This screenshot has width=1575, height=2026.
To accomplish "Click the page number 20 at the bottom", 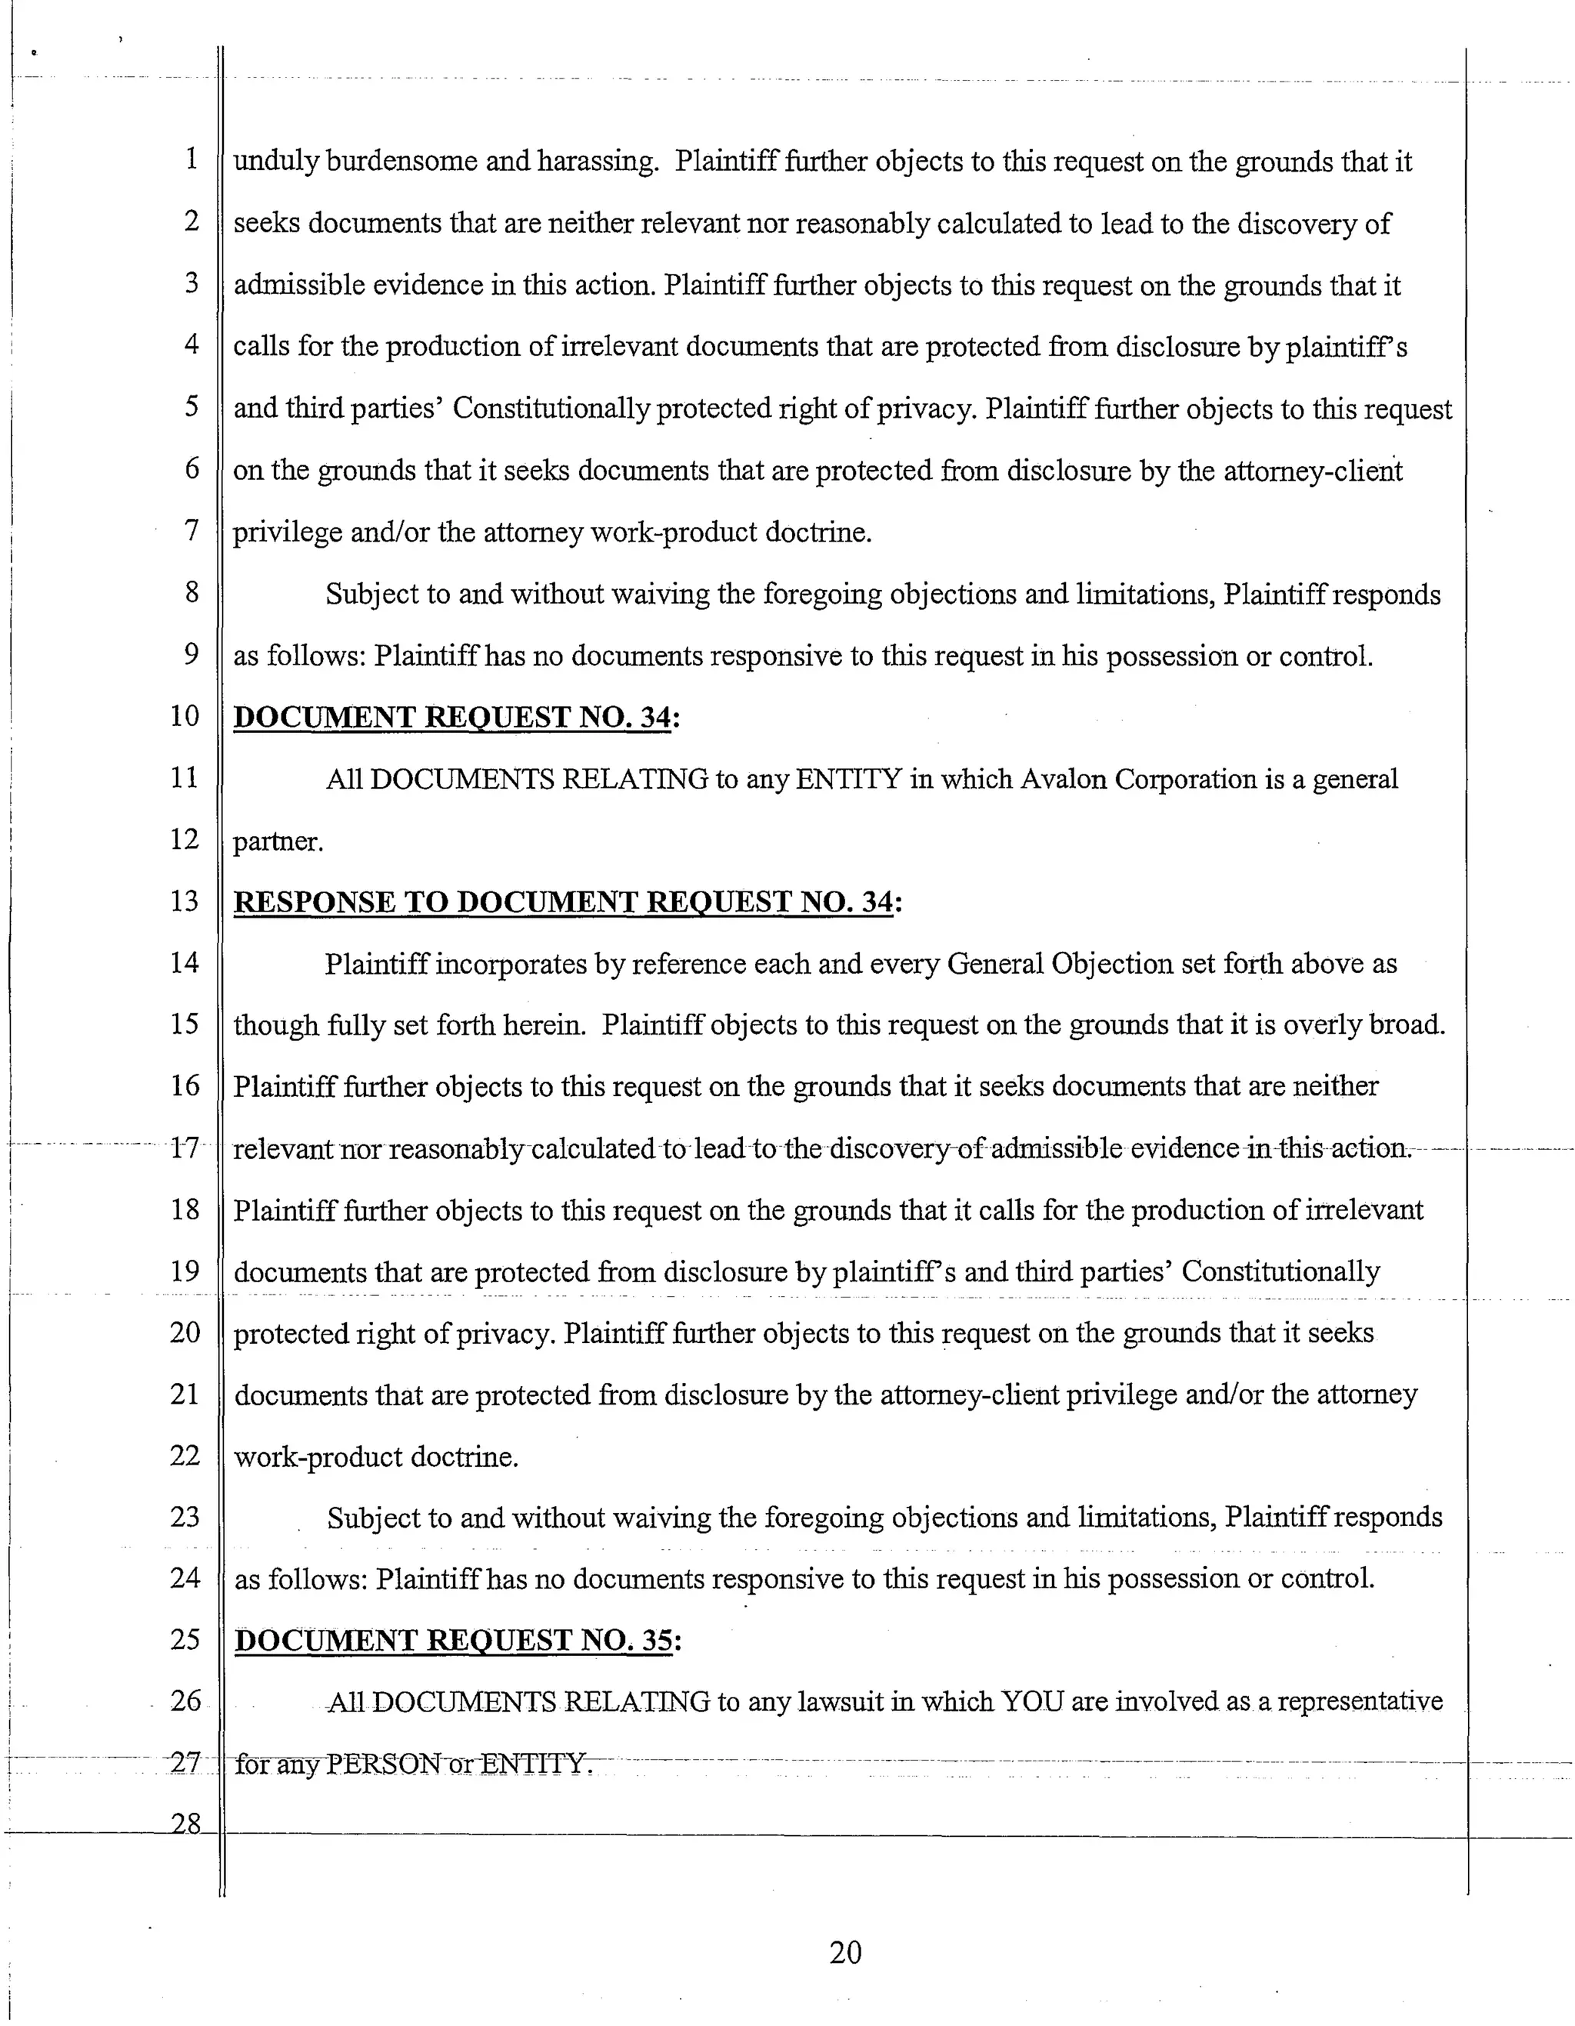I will pyautogui.click(x=845, y=1952).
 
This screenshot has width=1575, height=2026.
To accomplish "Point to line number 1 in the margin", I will pyautogui.click(x=191, y=158).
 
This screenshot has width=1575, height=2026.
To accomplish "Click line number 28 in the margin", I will pyautogui.click(x=185, y=1823).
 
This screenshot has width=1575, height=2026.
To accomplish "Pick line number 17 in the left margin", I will pyautogui.click(x=185, y=1148).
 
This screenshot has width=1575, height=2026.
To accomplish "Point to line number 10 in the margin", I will pyautogui.click(x=185, y=715).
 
